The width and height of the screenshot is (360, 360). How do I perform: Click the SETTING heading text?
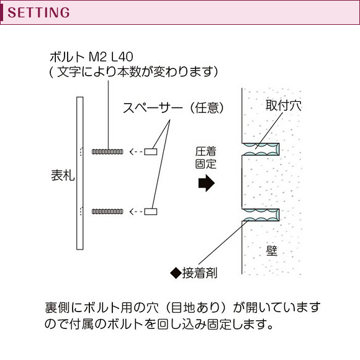click(38, 12)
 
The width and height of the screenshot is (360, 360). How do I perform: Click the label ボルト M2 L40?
click(91, 56)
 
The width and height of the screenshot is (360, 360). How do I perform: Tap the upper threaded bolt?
click(107, 151)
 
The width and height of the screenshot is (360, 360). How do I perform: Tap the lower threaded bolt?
click(107, 212)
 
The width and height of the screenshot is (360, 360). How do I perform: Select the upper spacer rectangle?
click(151, 151)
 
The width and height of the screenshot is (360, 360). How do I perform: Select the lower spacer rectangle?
click(151, 212)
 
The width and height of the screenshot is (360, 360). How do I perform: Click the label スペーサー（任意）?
click(173, 107)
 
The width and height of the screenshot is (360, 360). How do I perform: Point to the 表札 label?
click(63, 176)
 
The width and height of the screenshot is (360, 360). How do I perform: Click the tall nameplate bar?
click(80, 173)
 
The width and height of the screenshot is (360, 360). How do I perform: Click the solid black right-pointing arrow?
click(207, 183)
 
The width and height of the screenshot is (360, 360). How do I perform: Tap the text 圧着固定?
click(205, 158)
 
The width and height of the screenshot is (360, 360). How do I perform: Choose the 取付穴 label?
click(284, 106)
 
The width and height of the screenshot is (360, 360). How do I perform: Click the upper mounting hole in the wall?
click(261, 149)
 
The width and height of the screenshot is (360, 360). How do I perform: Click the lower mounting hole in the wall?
click(261, 215)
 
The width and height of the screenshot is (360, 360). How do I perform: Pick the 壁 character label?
click(272, 251)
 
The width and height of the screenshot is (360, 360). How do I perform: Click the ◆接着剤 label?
click(194, 273)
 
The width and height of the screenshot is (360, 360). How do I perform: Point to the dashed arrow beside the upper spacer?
click(136, 152)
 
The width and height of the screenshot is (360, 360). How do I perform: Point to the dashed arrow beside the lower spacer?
click(136, 212)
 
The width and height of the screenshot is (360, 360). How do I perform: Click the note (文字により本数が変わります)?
click(133, 71)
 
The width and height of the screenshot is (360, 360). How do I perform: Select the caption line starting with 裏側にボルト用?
click(182, 308)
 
